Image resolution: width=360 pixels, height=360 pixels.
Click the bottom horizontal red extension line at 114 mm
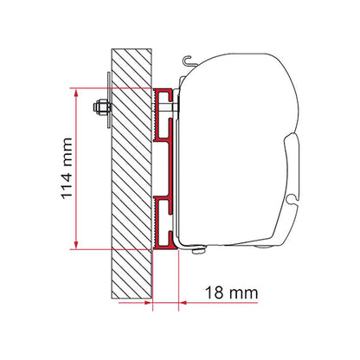point(112,247)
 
